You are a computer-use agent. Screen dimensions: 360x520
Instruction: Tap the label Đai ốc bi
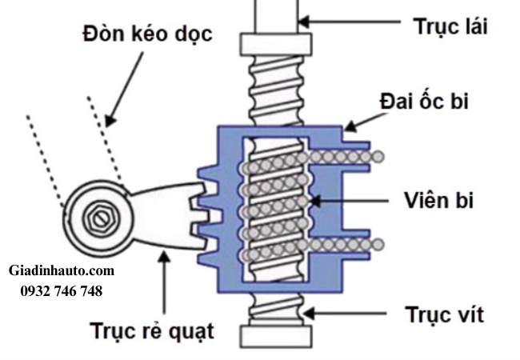[x=437, y=102]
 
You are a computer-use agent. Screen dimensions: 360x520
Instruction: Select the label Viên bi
[x=438, y=200]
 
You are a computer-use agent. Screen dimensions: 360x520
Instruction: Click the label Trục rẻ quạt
[x=151, y=330]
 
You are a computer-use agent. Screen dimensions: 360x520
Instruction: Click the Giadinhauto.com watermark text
[x=62, y=271]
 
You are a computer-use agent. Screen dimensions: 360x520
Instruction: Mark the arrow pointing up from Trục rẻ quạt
[x=166, y=280]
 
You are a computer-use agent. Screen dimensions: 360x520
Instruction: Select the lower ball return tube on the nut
[x=344, y=243]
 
